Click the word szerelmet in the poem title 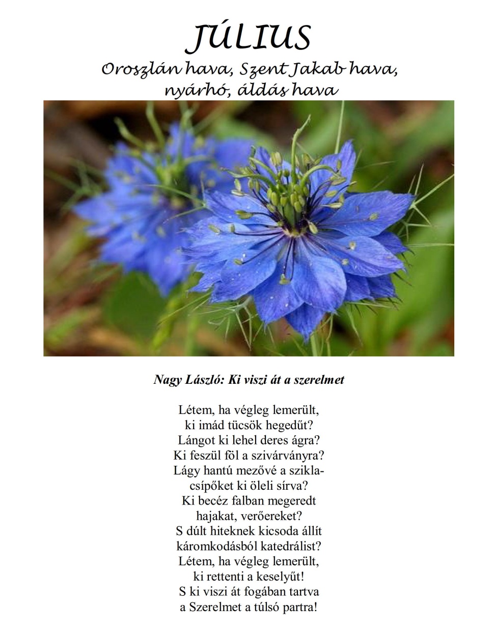point(319,380)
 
